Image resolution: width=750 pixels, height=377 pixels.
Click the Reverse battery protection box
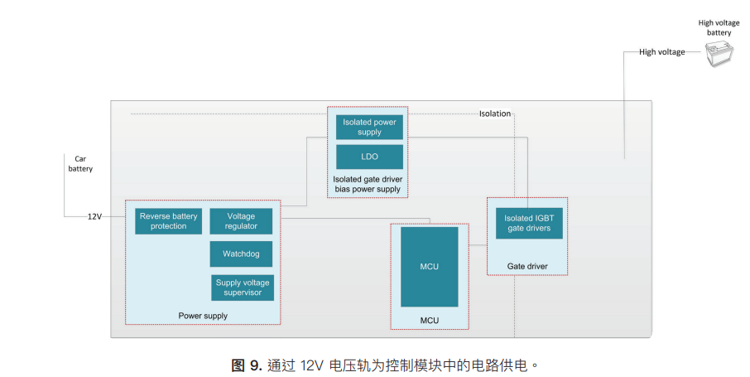[x=169, y=221]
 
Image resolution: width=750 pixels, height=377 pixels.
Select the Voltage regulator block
[x=241, y=221]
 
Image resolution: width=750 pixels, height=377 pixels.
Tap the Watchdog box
[x=241, y=254]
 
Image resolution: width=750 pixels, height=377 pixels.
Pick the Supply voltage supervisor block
[x=243, y=288]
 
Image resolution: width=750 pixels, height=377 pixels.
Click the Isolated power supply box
[x=369, y=128]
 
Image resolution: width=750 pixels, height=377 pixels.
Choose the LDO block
[x=369, y=157]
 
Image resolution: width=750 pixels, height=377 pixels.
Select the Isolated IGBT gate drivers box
[x=528, y=223]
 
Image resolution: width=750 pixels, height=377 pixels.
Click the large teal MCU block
[x=429, y=267]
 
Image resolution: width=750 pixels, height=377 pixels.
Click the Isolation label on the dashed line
[x=495, y=114]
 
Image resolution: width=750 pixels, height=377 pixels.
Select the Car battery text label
[x=80, y=163]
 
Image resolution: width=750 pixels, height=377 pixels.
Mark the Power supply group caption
[x=203, y=316]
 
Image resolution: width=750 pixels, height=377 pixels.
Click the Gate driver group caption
[x=527, y=266]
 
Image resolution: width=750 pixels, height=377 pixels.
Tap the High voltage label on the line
[x=662, y=52]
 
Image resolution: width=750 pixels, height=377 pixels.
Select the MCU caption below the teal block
[x=429, y=321]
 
